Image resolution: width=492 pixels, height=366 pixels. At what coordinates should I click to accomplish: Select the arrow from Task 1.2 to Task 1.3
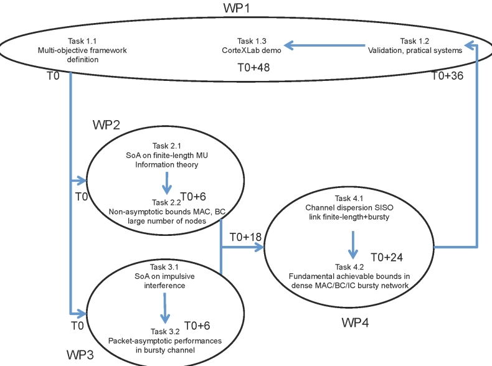pyautogui.click(x=324, y=45)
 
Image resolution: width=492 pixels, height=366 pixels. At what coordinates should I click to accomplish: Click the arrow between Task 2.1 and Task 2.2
pyautogui.click(x=166, y=183)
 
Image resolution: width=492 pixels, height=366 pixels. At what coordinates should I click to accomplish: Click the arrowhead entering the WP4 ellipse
pyautogui.click(x=258, y=248)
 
